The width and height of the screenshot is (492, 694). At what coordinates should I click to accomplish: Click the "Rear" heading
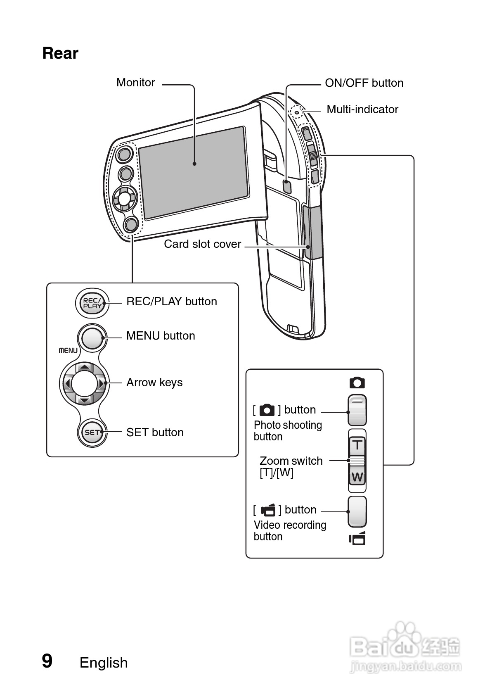point(60,53)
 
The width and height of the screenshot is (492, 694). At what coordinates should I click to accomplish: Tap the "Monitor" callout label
point(135,83)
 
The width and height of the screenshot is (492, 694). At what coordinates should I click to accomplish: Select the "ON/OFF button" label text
point(364,83)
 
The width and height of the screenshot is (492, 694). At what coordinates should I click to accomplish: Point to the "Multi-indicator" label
point(362,109)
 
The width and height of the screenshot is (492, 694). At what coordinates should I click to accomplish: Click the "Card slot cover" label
point(202,244)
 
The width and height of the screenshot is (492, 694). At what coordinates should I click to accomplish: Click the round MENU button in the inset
point(92,338)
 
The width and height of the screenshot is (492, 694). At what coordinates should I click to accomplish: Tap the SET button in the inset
point(92,433)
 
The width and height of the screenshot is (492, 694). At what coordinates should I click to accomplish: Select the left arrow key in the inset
point(67,384)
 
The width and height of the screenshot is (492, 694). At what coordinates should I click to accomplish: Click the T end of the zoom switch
point(357,445)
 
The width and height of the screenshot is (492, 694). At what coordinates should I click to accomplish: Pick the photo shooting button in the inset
point(357,411)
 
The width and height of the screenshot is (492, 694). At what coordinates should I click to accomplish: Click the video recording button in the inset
point(357,512)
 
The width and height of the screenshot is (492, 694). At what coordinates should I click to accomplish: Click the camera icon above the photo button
point(357,383)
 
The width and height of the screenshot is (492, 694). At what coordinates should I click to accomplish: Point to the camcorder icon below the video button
point(357,539)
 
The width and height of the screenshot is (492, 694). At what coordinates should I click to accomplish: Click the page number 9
point(47,661)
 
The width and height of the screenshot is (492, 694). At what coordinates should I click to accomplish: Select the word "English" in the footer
point(104,663)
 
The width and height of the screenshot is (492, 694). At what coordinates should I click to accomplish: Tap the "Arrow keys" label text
point(154,383)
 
